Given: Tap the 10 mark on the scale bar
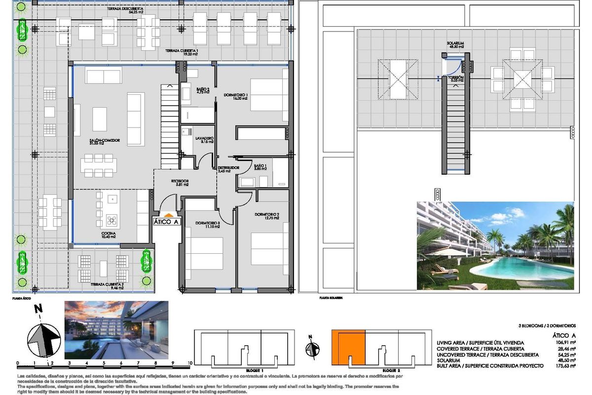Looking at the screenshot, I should coord(190,363).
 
